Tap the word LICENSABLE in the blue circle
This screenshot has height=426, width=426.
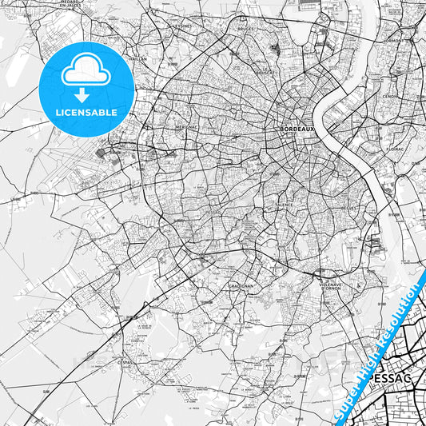point(86,113)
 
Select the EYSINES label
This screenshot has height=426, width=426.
point(184,25)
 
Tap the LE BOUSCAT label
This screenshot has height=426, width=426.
point(266,71)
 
